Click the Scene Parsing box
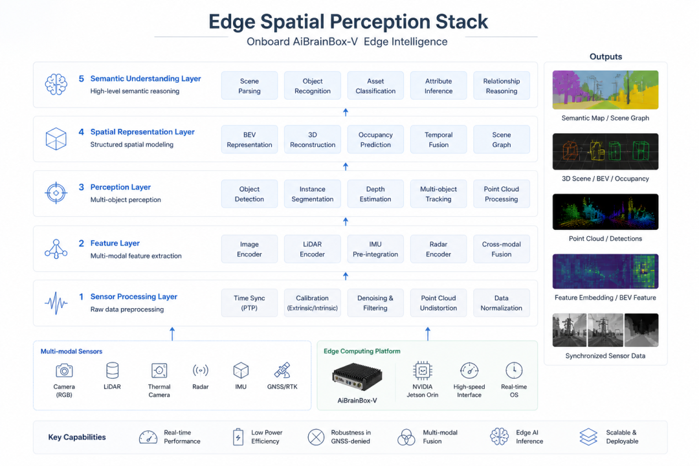point(249,85)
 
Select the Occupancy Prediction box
point(375,140)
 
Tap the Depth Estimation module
point(375,194)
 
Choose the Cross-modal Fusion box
point(502,249)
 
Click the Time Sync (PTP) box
point(249,303)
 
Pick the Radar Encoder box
point(438,249)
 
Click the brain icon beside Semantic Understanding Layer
point(56,84)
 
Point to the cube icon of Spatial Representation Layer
point(56,139)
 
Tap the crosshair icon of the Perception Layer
point(56,193)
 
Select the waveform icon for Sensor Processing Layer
point(56,304)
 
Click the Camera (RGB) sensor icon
point(64,371)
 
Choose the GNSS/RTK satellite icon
point(282,370)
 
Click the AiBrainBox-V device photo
point(357,377)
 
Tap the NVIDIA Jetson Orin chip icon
point(422,371)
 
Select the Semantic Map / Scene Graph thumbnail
point(605,89)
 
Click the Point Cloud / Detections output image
point(605,212)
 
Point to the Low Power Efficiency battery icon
point(238,437)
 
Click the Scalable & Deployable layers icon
point(588,437)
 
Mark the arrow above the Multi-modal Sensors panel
point(173,334)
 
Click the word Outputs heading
point(605,57)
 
